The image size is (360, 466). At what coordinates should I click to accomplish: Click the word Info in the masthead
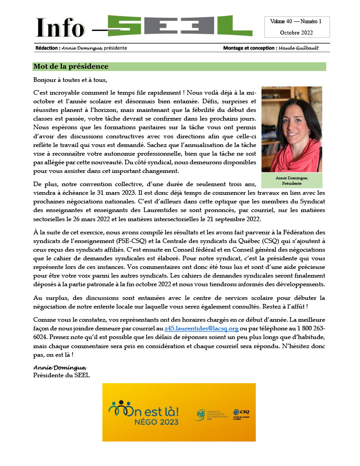(60, 28)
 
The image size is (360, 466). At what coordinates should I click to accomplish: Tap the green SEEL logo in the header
(173, 26)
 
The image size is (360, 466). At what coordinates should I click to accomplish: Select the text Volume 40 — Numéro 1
(296, 21)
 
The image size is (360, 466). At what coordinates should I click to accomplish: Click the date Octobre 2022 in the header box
(296, 33)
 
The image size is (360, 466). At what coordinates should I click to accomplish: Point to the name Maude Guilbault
(299, 48)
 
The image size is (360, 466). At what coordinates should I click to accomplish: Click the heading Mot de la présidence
(71, 66)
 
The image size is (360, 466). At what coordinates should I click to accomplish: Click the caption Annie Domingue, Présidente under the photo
(292, 181)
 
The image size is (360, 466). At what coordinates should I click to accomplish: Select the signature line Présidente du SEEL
(61, 375)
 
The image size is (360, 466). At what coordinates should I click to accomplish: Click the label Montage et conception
(249, 48)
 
